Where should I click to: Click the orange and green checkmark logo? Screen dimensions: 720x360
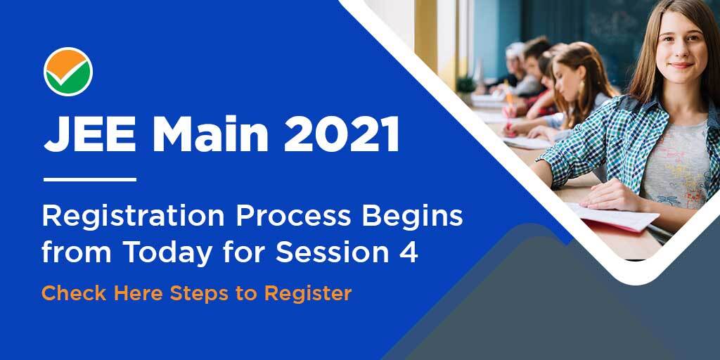(x=68, y=72)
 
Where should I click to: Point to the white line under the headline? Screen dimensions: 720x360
(x=90, y=179)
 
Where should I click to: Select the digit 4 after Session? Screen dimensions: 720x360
(x=408, y=252)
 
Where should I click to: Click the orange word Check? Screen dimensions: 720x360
(x=75, y=293)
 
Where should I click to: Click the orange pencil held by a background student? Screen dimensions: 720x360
(x=509, y=94)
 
